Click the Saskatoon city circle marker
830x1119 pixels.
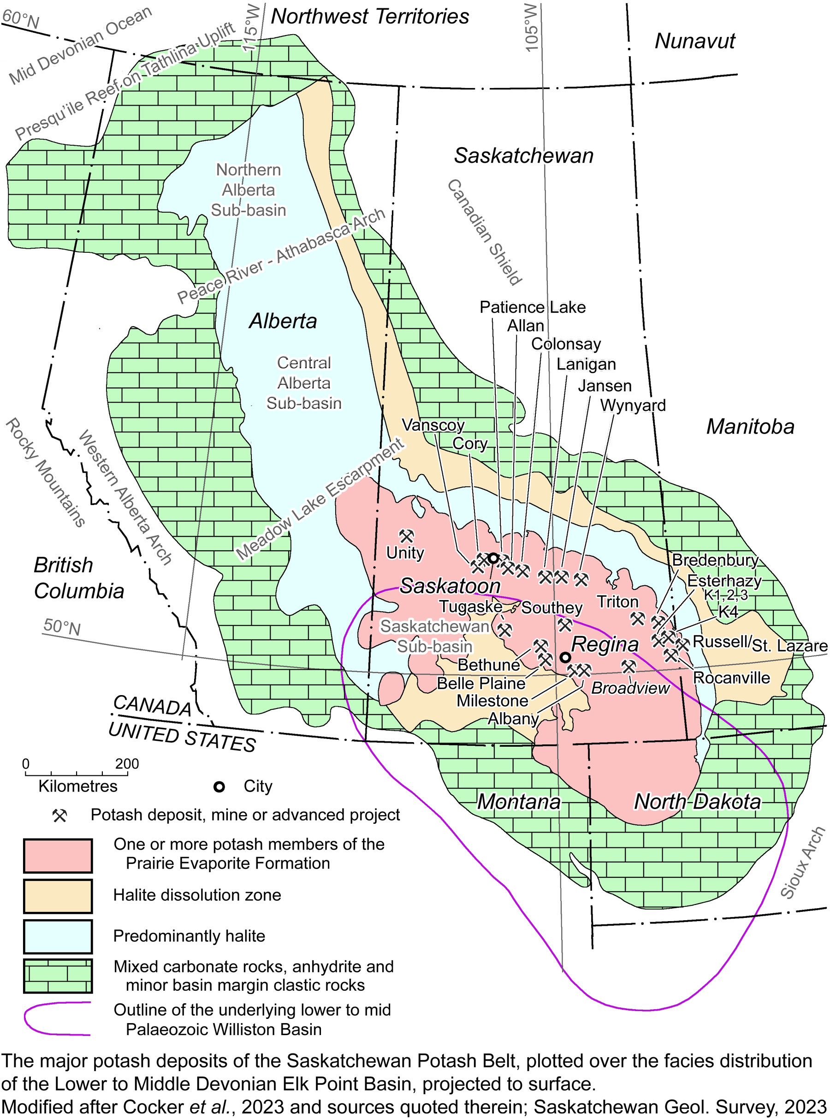point(493,558)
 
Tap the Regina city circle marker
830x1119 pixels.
point(565,657)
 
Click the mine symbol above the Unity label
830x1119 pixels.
point(406,536)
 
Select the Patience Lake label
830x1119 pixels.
point(533,307)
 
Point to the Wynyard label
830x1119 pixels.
point(633,405)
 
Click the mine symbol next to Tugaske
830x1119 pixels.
point(504,630)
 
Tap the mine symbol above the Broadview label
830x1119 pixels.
point(628,667)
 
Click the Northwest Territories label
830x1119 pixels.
point(370,17)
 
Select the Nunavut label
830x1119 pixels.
point(694,41)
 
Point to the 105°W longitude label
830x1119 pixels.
point(531,28)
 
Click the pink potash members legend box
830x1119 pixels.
point(58,855)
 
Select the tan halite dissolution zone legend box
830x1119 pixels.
point(58,895)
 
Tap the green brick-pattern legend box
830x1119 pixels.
point(58,976)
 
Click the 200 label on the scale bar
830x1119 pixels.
point(127,764)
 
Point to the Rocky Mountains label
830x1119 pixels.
point(45,472)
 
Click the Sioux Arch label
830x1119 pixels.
point(802,862)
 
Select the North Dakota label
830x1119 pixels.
point(697,802)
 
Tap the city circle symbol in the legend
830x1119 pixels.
point(219,787)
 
